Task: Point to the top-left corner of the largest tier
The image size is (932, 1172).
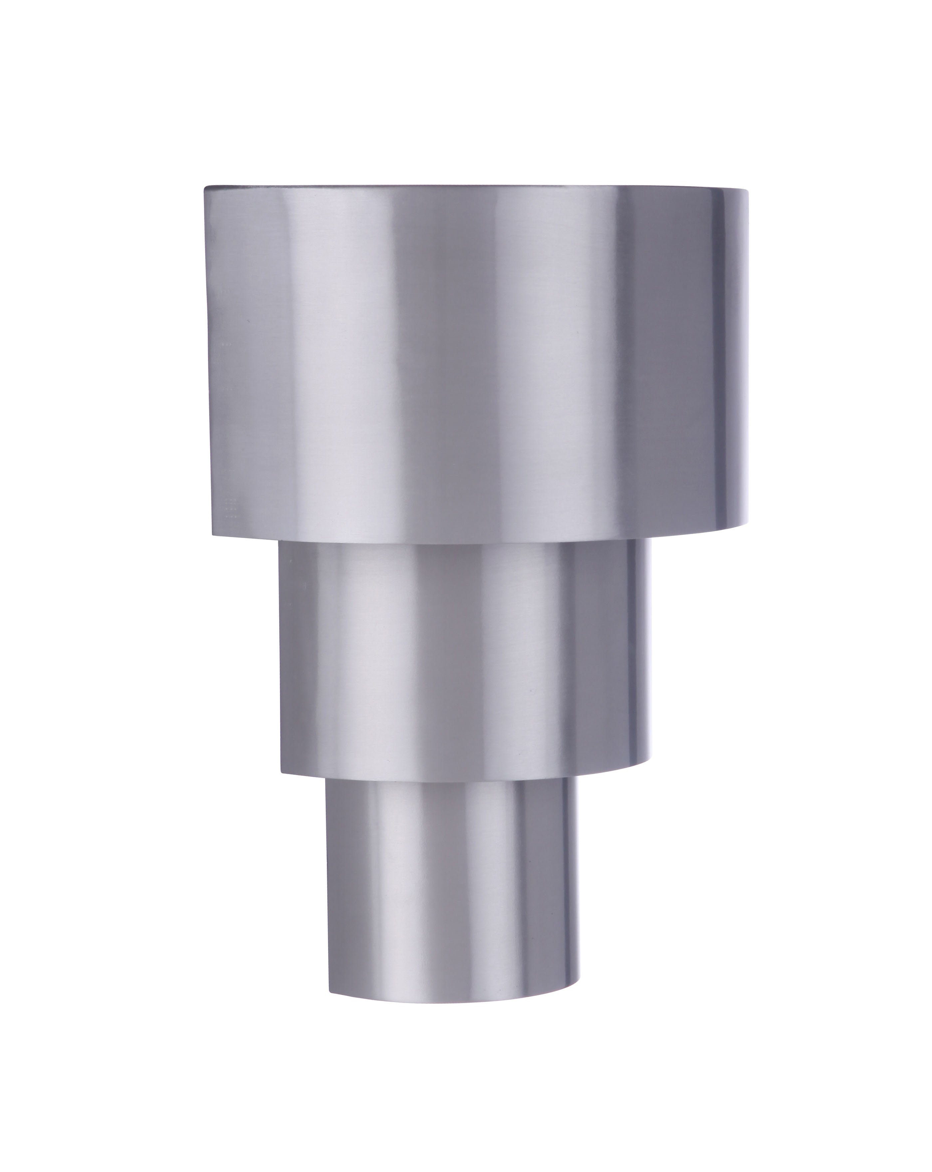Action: [x=205, y=187]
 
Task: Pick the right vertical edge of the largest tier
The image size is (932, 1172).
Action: [x=748, y=359]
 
